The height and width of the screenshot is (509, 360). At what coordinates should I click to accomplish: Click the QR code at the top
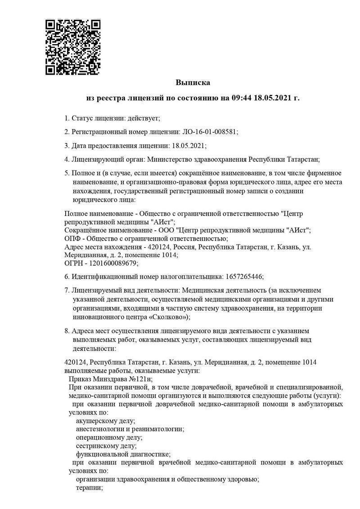(x=73, y=47)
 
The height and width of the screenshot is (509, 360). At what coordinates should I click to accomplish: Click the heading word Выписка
(x=193, y=83)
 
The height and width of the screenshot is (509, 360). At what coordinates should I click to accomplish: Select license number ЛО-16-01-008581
(x=209, y=132)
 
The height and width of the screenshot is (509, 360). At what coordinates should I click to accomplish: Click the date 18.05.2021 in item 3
(x=187, y=145)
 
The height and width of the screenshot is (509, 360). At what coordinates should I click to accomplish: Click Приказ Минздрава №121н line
(x=111, y=379)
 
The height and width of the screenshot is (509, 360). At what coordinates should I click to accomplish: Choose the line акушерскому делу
(x=105, y=421)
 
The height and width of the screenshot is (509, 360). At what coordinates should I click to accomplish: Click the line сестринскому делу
(x=106, y=446)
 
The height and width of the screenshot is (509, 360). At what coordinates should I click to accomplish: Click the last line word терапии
(x=89, y=487)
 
